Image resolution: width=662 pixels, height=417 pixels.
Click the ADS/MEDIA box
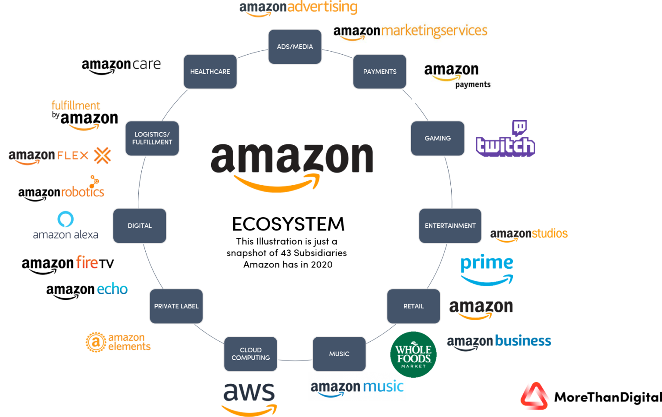pyautogui.click(x=295, y=47)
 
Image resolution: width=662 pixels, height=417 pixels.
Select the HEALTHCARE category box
pyautogui.click(x=210, y=72)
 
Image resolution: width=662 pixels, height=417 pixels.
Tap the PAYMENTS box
pyautogui.click(x=380, y=72)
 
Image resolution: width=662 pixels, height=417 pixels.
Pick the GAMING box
pyautogui.click(x=437, y=138)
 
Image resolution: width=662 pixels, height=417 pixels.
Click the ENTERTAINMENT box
pyautogui.click(x=450, y=226)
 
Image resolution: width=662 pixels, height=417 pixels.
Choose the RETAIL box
pyautogui.click(x=413, y=306)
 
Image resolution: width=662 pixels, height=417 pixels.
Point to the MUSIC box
pyautogui.click(x=339, y=354)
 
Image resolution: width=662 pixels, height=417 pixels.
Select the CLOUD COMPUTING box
pyautogui.click(x=250, y=354)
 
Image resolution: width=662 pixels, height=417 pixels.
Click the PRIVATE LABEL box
pyautogui.click(x=176, y=306)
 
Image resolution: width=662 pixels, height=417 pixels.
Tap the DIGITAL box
pyautogui.click(x=140, y=226)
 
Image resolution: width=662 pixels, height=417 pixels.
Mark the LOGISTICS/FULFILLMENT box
pyautogui.click(x=152, y=138)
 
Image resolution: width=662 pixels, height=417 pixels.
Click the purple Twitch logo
pyautogui.click(x=505, y=140)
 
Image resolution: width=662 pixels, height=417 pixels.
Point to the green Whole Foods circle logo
pyautogui.click(x=413, y=354)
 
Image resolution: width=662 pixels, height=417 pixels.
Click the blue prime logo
pyautogui.click(x=487, y=269)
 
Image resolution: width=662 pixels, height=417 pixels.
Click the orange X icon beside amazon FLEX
pyautogui.click(x=103, y=156)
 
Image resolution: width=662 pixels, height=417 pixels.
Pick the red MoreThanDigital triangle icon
pyautogui.click(x=534, y=396)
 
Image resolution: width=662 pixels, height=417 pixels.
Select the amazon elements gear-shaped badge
pyautogui.click(x=95, y=342)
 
